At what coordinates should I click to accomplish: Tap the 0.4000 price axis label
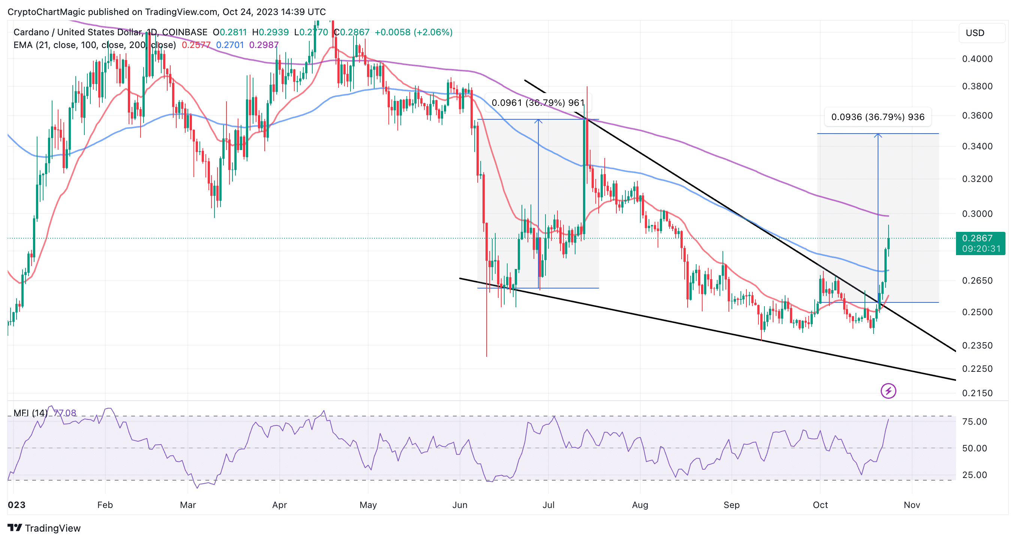coord(977,59)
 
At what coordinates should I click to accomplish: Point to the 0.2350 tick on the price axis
coord(977,346)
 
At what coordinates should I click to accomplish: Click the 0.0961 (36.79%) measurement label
coord(538,103)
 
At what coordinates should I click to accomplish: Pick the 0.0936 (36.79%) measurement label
coord(878,117)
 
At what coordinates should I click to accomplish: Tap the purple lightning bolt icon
coord(888,391)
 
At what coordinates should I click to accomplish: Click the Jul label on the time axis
coord(548,505)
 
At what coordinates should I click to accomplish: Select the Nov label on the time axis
coord(911,505)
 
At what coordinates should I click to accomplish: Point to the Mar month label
coord(188,505)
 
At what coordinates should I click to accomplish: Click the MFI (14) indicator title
coord(30,413)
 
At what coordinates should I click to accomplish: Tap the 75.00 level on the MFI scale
coord(974,422)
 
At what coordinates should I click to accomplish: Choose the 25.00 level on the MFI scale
coord(974,475)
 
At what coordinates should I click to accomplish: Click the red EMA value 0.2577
coord(196,45)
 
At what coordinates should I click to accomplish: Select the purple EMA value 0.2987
coord(264,45)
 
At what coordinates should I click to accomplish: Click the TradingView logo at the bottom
coord(44,528)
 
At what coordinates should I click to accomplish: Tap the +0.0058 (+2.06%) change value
coord(413,32)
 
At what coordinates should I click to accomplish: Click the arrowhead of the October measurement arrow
coord(878,135)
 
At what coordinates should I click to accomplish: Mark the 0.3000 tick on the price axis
coord(977,214)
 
